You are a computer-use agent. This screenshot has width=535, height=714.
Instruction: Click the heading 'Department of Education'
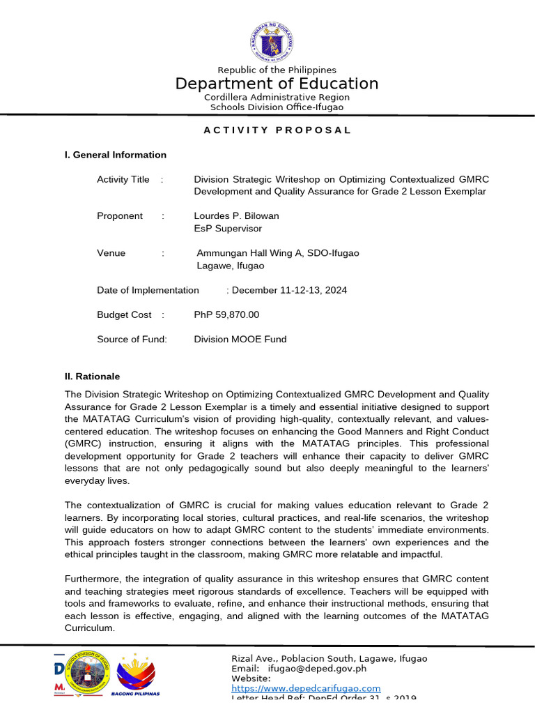coord(277,84)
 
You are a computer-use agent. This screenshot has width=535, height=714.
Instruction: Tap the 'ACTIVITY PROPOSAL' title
coord(277,130)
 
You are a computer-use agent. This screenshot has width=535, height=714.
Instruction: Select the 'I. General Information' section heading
coord(116,155)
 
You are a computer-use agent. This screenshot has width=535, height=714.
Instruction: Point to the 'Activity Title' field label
coord(123,179)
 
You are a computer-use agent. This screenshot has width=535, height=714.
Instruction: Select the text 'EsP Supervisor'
coord(228,228)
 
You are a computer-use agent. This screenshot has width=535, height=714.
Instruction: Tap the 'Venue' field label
coord(111,253)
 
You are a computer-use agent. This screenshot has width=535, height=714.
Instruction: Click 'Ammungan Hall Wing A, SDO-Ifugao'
coord(278,253)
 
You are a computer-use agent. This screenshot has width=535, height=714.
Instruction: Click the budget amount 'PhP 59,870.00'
coord(226,314)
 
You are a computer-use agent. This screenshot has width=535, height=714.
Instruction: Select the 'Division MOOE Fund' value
coord(240,339)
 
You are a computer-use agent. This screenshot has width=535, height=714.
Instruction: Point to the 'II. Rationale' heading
coord(93,376)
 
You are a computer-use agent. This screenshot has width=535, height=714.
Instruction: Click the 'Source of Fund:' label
coord(132,339)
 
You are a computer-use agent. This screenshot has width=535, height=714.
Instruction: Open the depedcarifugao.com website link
coord(306,688)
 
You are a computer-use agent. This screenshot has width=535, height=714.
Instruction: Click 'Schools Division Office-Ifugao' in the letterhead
coord(277,107)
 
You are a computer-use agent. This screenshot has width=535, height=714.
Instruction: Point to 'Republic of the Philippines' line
coord(277,70)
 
